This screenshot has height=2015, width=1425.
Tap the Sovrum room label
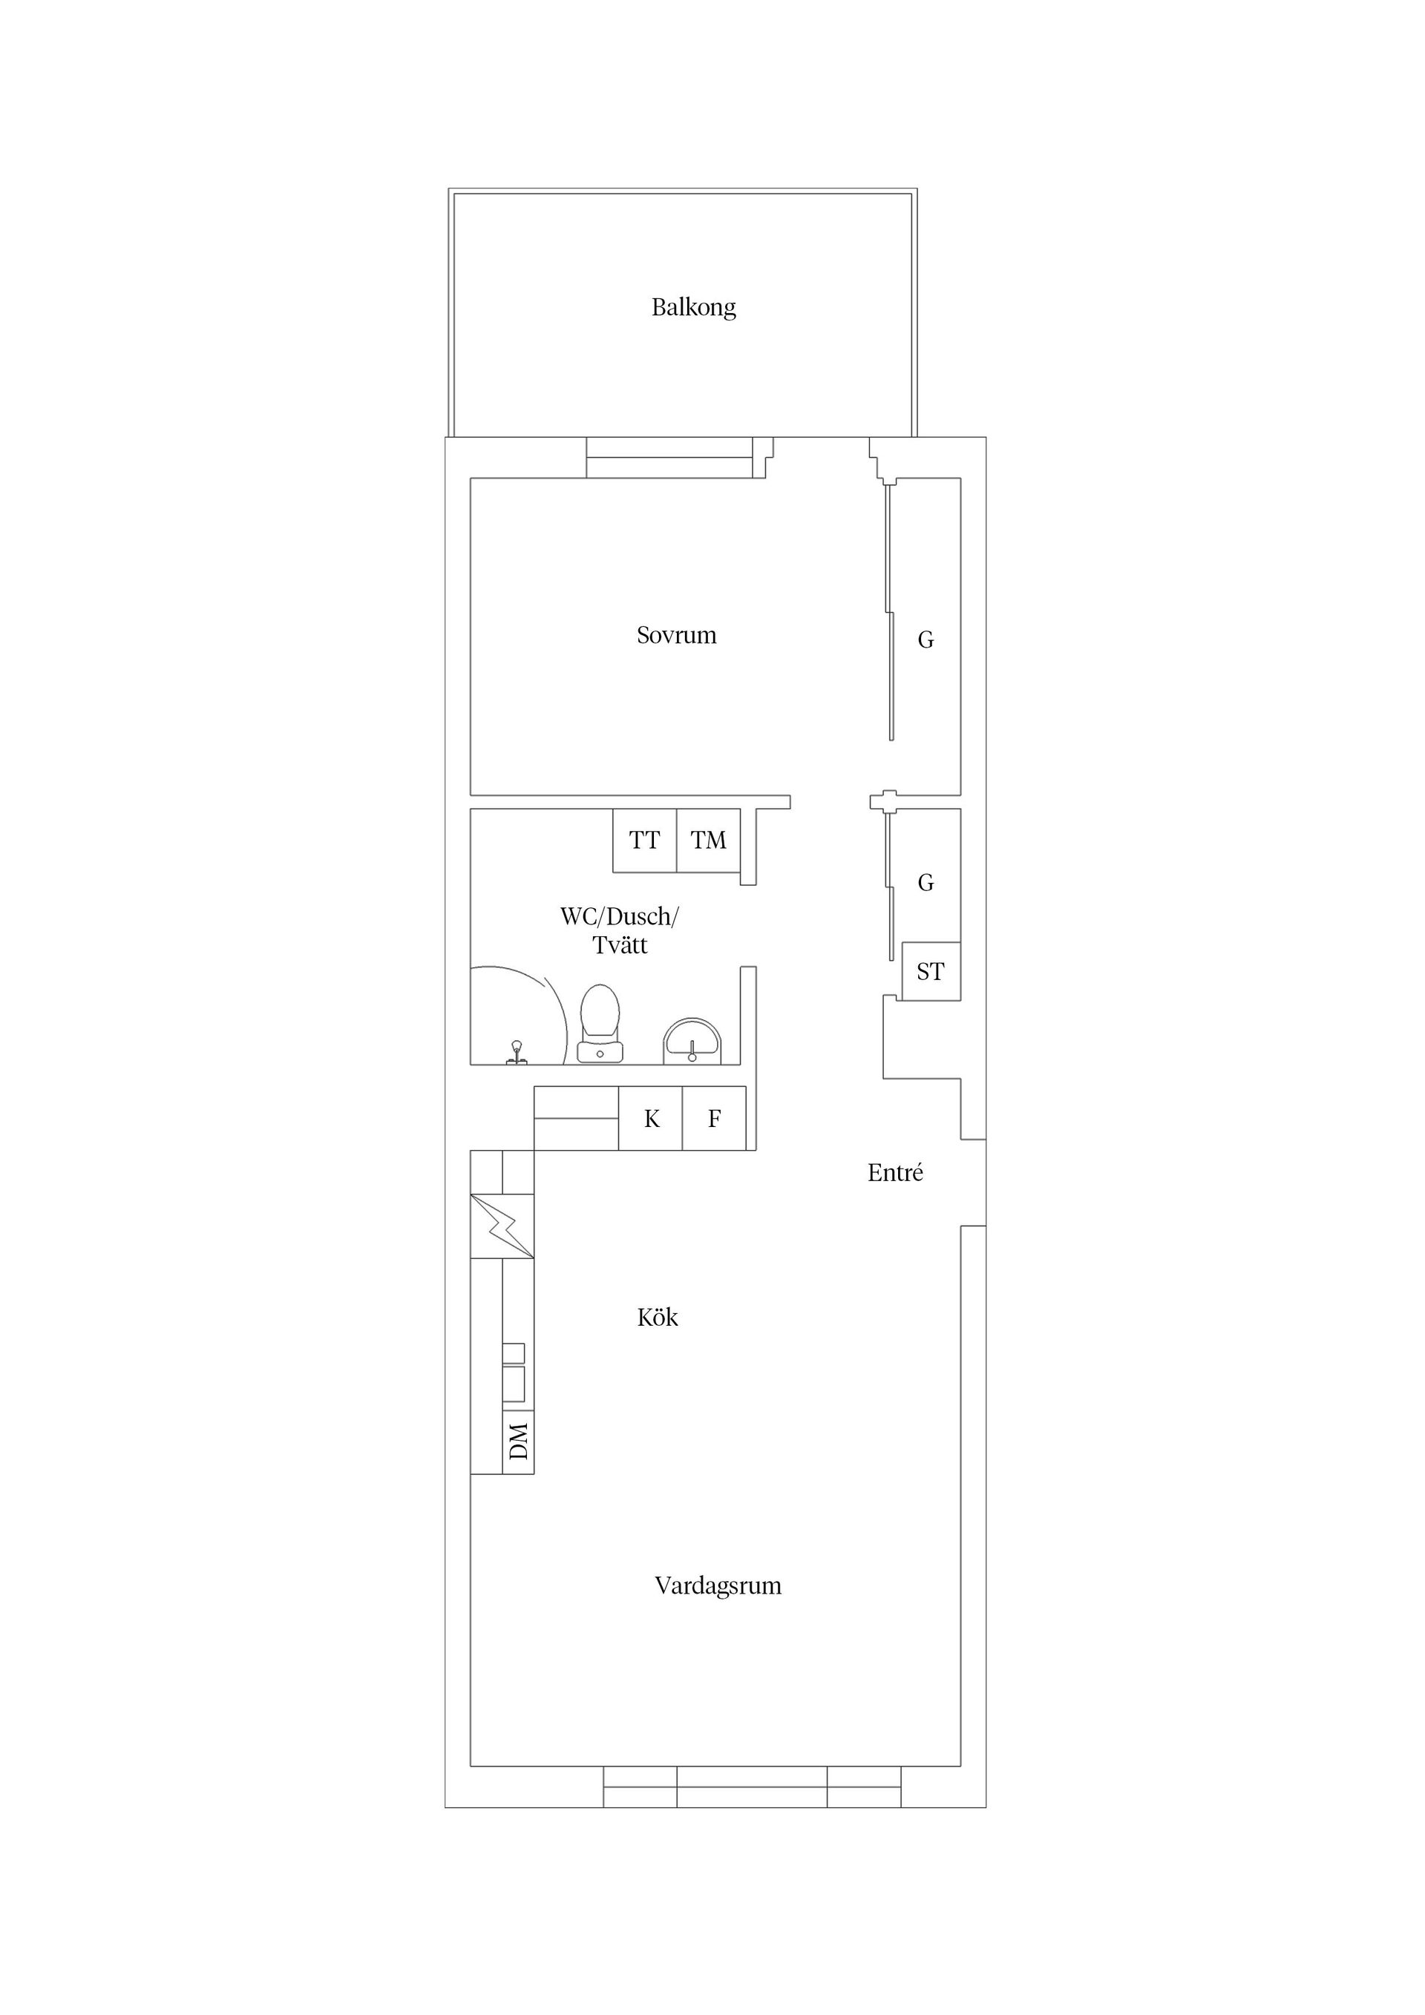click(x=676, y=635)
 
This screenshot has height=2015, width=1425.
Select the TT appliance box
click(x=644, y=841)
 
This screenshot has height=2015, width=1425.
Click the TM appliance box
click(x=709, y=841)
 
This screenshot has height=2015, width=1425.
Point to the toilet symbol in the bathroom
click(x=600, y=1022)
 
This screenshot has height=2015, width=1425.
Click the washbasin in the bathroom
click(x=692, y=1042)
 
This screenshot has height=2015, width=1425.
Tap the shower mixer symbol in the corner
click(x=517, y=1051)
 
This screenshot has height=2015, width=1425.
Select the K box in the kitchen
click(x=651, y=1119)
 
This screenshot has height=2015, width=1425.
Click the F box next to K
click(x=714, y=1119)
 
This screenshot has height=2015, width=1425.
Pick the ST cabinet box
click(x=931, y=972)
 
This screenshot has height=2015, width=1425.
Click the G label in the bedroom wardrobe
click(x=926, y=641)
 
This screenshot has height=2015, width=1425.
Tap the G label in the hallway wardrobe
click(x=926, y=883)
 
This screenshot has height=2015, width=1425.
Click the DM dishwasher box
click(x=519, y=1442)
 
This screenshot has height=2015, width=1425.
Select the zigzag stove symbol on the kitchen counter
click(x=502, y=1226)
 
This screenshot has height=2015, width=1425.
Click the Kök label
click(x=657, y=1318)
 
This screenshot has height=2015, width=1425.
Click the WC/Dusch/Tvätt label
click(x=620, y=931)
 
